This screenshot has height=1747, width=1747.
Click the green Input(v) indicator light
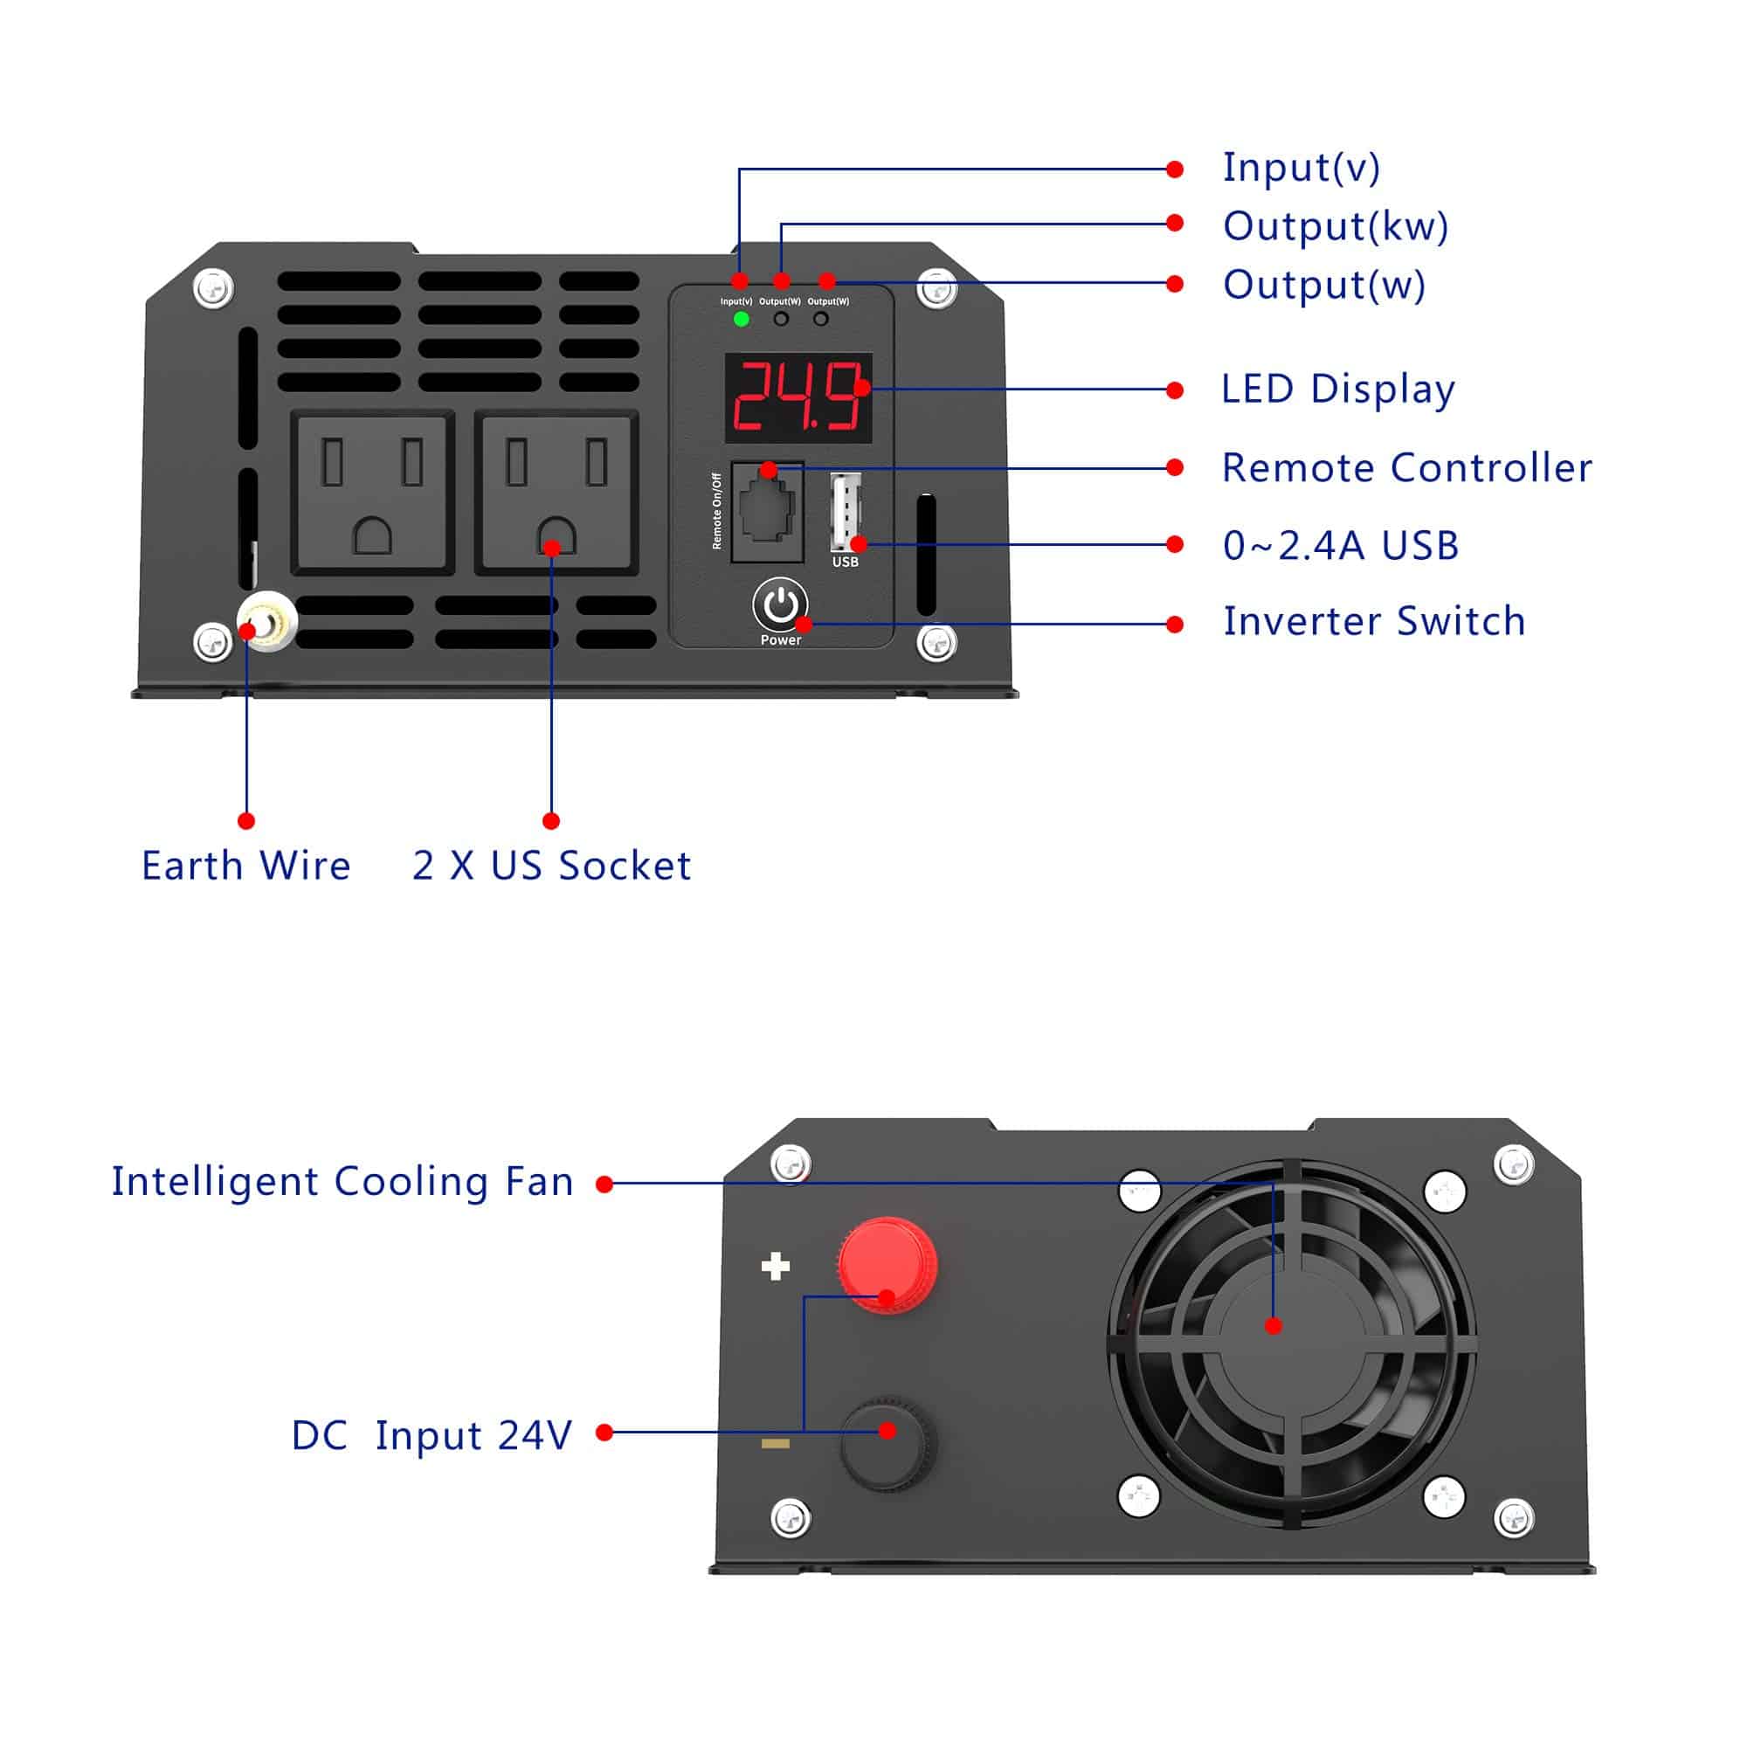pos(742,319)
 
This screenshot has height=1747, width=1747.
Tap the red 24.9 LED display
pos(798,397)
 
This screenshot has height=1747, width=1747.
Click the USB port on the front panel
pos(846,512)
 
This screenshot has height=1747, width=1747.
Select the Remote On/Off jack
pos(768,512)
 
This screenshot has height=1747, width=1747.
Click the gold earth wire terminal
pos(267,621)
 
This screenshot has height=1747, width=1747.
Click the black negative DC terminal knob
pos(888,1444)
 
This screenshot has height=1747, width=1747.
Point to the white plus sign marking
pos(775,1267)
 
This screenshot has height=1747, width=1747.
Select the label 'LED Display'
pos(1337,390)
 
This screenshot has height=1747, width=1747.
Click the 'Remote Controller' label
pos(1406,468)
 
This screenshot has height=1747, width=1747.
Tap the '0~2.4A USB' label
pos(1341,546)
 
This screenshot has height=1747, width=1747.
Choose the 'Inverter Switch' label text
pos(1374,622)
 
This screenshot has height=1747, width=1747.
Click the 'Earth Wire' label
pos(246,867)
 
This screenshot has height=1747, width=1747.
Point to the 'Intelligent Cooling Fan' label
pos(342,1182)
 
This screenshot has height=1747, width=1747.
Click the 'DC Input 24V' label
pos(432,1436)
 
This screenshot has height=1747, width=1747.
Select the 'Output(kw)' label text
pos(1336,226)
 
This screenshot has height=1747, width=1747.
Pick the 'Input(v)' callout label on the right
pos(1302,169)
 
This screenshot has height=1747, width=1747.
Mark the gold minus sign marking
pos(775,1444)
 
